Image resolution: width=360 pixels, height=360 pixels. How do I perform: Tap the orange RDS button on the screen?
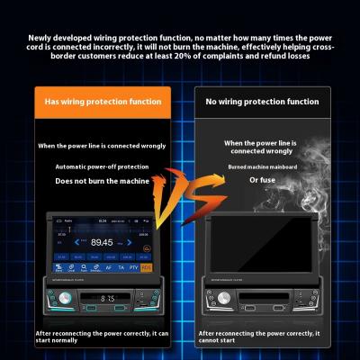point(148,267)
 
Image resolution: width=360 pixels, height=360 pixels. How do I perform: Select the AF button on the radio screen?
point(108,267)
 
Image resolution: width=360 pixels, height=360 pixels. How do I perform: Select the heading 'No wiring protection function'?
point(261,102)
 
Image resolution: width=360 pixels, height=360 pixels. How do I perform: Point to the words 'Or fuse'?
point(261,179)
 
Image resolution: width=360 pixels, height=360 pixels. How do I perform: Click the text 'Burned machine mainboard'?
point(261,167)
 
